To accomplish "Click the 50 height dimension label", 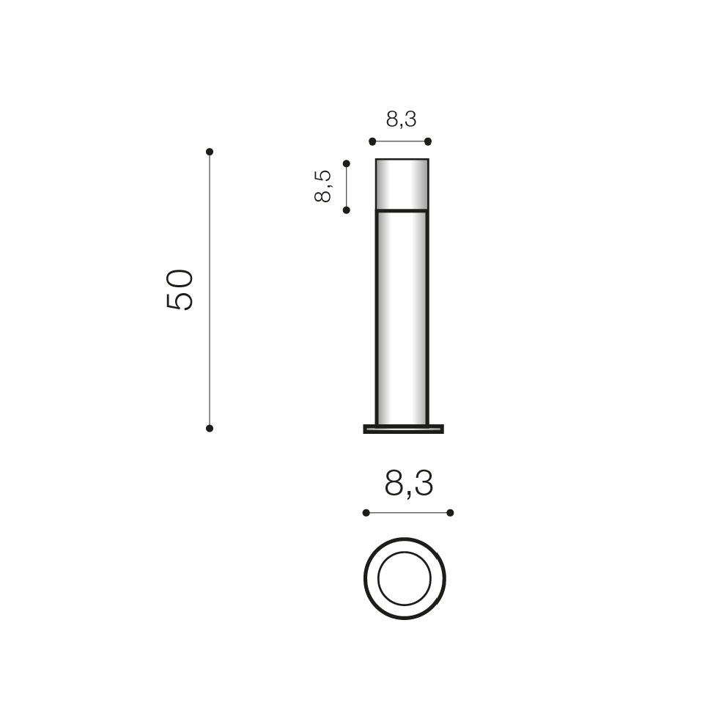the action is (x=179, y=289).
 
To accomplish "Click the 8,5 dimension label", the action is (x=322, y=186).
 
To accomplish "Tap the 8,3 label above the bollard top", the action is (x=401, y=119).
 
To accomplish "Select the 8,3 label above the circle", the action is (x=408, y=484).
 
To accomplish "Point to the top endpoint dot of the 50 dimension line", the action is (x=210, y=152).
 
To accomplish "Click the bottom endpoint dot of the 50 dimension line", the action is (x=210, y=429).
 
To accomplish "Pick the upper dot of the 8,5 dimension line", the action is (x=347, y=163).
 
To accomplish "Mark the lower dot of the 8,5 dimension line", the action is (x=347, y=210).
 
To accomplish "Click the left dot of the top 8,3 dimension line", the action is (x=372, y=141).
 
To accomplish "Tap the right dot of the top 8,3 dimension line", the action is (x=428, y=141).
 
